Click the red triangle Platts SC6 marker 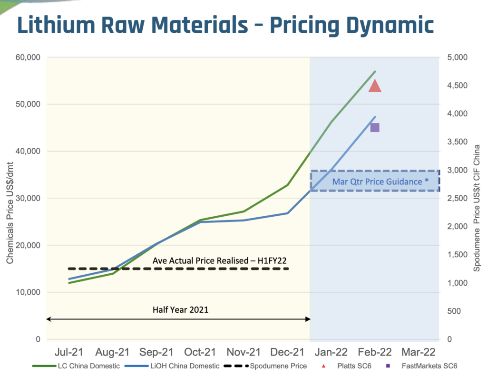pyautogui.click(x=375, y=87)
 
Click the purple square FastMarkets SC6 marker pyautogui.click(x=375, y=127)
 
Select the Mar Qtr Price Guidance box pyautogui.click(x=375, y=181)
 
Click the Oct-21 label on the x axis pyautogui.click(x=201, y=352)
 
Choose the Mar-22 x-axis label pyautogui.click(x=419, y=352)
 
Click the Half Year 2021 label pyautogui.click(x=180, y=309)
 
